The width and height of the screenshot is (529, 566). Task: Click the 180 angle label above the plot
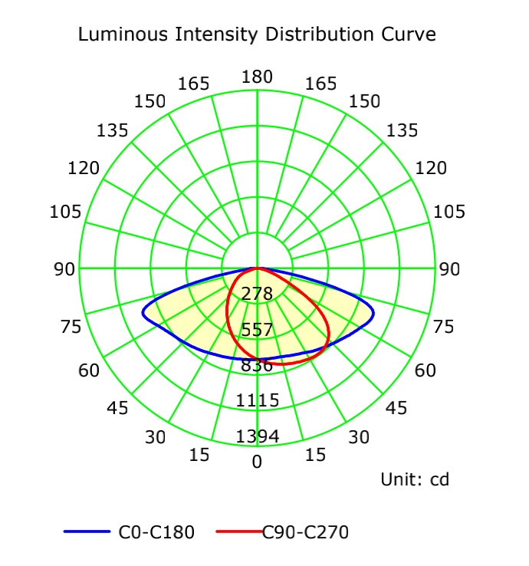tap(257, 77)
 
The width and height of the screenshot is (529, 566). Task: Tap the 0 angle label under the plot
tap(257, 462)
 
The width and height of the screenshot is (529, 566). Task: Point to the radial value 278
tap(257, 294)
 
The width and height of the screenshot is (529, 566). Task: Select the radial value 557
tap(257, 330)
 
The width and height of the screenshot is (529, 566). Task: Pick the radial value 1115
tap(257, 400)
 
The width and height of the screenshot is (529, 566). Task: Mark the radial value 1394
tap(257, 436)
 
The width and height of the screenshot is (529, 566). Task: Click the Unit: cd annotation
tap(415, 480)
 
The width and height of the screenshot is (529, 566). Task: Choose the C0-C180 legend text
tap(156, 531)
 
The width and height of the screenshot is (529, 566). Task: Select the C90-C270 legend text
tap(300, 531)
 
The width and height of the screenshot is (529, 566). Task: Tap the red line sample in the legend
tap(238, 531)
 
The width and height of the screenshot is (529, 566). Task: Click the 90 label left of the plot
tap(65, 269)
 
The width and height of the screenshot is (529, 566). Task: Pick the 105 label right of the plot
tap(449, 212)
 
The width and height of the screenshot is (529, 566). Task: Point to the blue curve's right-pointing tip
tap(373, 314)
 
